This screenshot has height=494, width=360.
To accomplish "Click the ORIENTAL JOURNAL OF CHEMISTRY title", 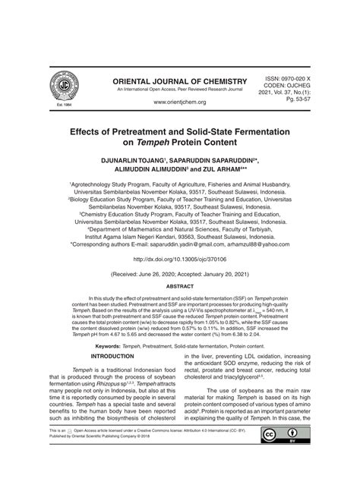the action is pos(180,81).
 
